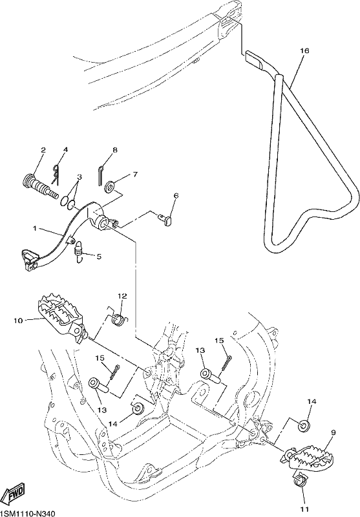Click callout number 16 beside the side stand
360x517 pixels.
304,51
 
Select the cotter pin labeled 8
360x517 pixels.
101,175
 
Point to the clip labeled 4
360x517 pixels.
56,174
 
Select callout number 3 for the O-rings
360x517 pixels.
79,177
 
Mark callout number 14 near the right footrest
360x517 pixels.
312,401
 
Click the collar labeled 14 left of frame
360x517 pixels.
138,409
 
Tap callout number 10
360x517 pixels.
19,320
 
